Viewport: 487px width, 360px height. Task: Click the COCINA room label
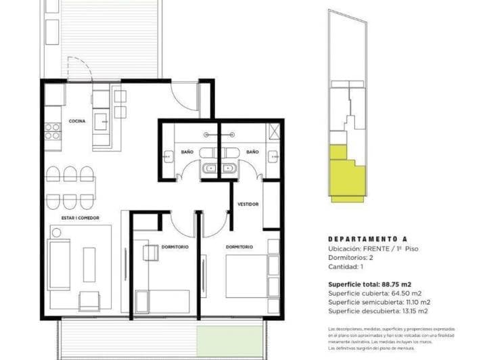coord(76,122)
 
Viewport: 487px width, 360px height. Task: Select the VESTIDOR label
coord(248,204)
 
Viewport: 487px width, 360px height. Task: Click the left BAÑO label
coord(187,152)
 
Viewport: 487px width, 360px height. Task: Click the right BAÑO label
coord(252,152)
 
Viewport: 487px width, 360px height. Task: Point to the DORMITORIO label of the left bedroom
coord(175,247)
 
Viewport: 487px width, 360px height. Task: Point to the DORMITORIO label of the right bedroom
coord(239,247)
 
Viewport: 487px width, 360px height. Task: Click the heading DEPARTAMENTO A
coord(365,239)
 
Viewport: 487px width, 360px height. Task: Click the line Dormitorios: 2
coord(352,258)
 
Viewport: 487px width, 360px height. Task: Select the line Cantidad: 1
coord(346,267)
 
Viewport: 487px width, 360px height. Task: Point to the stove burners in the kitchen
coord(51,131)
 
